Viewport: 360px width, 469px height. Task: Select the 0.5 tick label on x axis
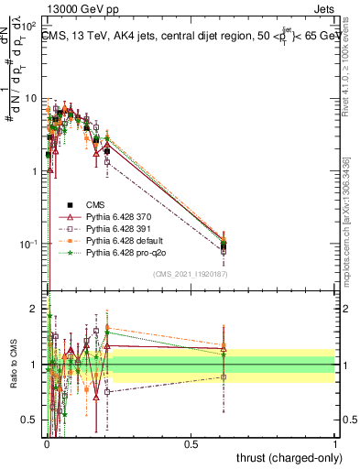tap(191, 444)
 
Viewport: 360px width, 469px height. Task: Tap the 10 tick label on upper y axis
tap(31, 98)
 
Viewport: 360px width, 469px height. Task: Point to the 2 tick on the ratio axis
tap(37, 309)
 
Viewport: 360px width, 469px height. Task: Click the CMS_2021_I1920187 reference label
tap(191, 274)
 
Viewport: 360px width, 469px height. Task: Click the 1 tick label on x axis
tap(335, 444)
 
